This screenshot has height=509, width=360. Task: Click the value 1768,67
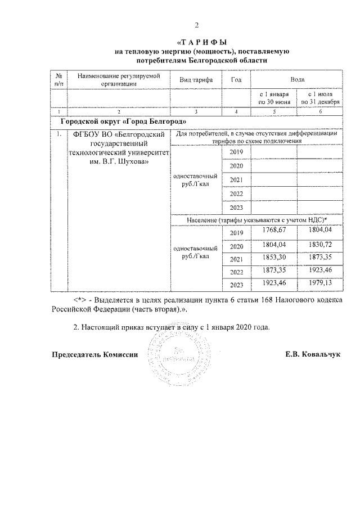274,230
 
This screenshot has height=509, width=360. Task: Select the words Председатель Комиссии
94,355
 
